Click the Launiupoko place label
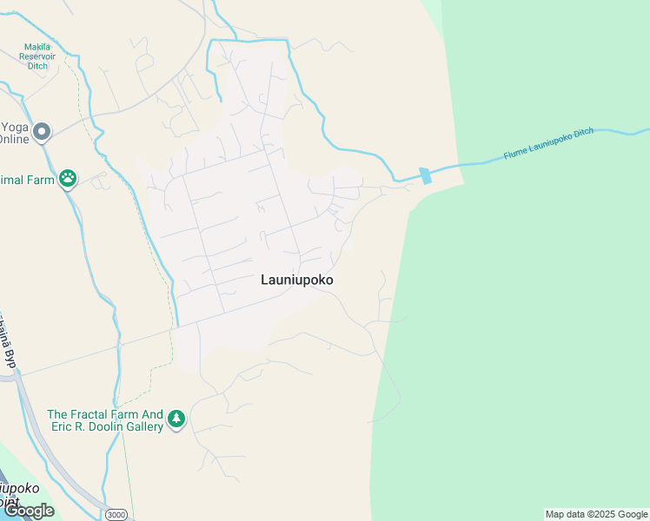(297, 280)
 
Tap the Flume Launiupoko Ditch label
(547, 144)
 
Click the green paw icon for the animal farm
(68, 179)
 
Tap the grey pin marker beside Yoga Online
(42, 132)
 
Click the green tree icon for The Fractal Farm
(176, 419)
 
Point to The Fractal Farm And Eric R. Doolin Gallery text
(105, 420)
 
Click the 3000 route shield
(116, 515)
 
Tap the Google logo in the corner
(29, 511)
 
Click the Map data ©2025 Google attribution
(595, 514)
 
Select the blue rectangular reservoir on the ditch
(425, 175)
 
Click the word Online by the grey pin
(14, 139)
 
